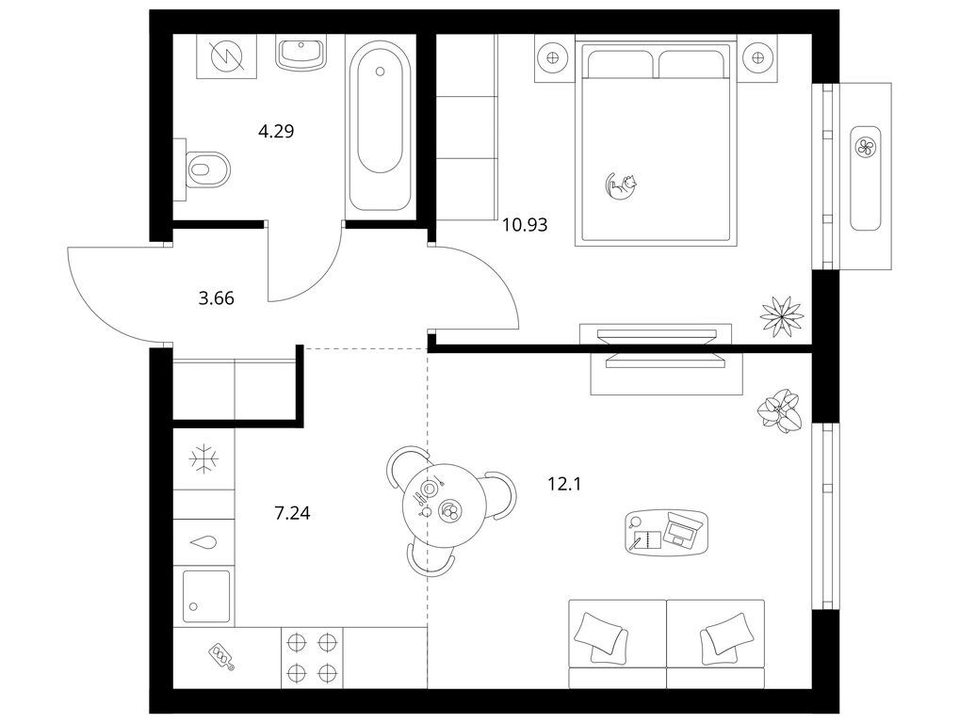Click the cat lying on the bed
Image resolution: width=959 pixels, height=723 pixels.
pyautogui.click(x=621, y=185)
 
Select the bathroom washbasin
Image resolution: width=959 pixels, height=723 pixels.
pyautogui.click(x=301, y=52)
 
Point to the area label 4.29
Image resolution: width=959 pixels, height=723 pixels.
pyautogui.click(x=276, y=131)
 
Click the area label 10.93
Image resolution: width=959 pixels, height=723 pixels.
pyautogui.click(x=525, y=226)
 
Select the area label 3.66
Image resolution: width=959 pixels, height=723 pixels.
pyautogui.click(x=217, y=298)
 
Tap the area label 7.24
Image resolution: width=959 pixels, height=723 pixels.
pyautogui.click(x=292, y=513)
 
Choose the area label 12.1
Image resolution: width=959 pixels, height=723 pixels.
pyautogui.click(x=564, y=485)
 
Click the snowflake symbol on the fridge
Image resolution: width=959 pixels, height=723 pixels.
pyautogui.click(x=203, y=459)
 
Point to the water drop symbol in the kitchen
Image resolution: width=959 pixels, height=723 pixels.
pyautogui.click(x=203, y=543)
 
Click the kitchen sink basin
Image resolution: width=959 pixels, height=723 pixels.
pyautogui.click(x=206, y=596)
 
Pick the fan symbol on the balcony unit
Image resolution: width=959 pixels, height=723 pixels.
pyautogui.click(x=865, y=147)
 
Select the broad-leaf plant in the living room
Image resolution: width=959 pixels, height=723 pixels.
pyautogui.click(x=778, y=410)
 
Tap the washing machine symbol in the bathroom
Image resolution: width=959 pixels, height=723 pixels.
pyautogui.click(x=227, y=56)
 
